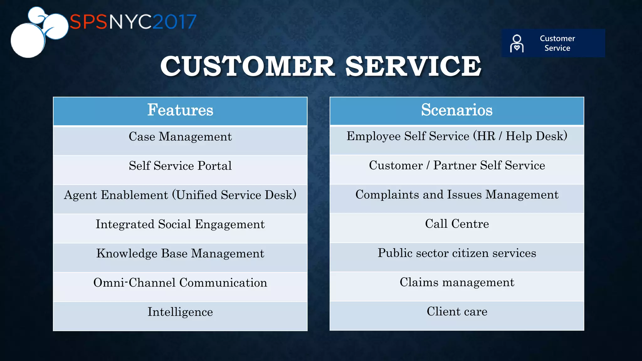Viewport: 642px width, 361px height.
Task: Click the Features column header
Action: [x=180, y=110]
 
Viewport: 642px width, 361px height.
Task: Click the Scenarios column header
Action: [x=457, y=110]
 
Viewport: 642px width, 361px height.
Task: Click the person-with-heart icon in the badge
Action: [x=517, y=44]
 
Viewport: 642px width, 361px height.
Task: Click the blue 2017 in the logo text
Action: [x=175, y=22]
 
